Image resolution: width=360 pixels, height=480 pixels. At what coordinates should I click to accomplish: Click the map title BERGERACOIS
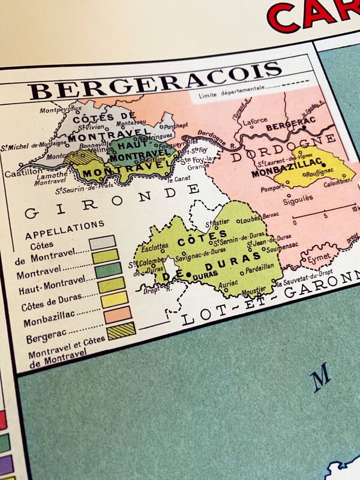point(155,81)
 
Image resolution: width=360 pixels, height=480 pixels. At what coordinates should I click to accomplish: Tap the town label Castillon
point(21,173)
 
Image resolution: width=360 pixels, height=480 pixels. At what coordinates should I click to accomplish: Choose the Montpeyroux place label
point(60,110)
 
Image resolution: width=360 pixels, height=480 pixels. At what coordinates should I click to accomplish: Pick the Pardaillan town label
point(259,265)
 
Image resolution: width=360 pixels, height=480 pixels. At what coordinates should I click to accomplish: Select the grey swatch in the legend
point(103,242)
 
